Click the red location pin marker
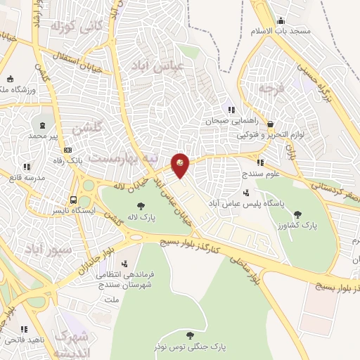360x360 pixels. point(181,165)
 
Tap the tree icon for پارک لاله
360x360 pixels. point(141,207)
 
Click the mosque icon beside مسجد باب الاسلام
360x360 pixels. point(281,20)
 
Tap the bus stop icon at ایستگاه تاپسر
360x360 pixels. point(73,199)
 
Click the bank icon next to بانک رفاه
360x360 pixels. point(67,150)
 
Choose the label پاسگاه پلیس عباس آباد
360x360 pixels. point(283,202)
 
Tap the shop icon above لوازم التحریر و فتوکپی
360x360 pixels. point(270,124)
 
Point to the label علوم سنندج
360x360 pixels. point(260,172)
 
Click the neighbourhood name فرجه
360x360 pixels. point(269,90)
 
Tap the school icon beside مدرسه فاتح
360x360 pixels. point(27,167)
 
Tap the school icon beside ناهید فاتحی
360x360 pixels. point(25,328)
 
